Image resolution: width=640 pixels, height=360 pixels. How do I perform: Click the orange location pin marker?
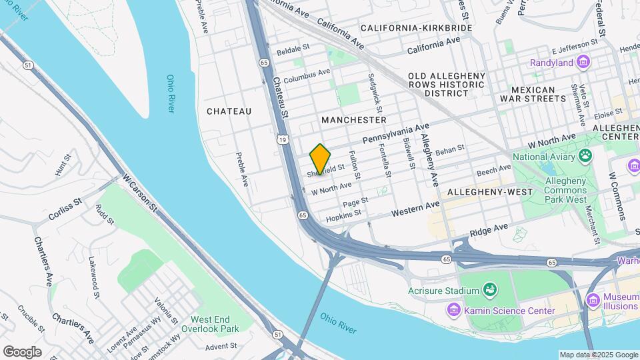320,159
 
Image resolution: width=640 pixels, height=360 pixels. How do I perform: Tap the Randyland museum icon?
585,63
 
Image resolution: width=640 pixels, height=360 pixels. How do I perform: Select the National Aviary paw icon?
585,157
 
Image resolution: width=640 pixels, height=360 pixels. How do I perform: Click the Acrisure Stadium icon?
490,291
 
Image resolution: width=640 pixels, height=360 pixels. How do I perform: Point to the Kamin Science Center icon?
454,311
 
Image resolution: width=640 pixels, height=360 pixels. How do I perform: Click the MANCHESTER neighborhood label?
353,120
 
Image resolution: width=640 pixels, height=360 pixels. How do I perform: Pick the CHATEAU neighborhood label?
229,111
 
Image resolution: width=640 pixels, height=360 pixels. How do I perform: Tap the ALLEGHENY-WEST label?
490,192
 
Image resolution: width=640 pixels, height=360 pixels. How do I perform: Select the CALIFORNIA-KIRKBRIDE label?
416,28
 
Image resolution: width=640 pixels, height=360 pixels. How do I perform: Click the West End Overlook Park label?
214,325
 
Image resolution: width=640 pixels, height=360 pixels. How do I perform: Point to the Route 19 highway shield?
284,139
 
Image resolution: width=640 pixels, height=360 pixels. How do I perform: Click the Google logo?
22,351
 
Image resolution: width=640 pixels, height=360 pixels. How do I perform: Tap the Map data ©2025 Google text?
599,355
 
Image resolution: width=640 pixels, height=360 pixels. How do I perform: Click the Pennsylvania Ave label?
395,134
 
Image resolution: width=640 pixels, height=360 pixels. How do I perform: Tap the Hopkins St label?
343,215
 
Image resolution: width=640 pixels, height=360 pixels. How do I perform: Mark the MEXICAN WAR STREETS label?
538,94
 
